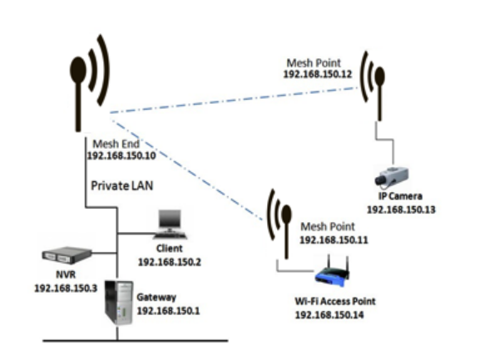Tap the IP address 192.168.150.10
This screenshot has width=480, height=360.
coord(121,155)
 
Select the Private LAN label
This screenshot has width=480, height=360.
coord(121,185)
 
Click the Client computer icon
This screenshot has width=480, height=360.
coord(170,224)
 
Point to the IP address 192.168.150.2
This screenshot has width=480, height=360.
coord(170,262)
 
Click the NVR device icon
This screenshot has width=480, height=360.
coord(67,256)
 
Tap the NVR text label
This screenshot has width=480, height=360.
coord(66,274)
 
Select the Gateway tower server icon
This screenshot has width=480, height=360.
coord(119,303)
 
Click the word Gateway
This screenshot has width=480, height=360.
coord(156,298)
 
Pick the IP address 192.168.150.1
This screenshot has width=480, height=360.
coord(168,311)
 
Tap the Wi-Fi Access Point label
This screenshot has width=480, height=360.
coord(335,301)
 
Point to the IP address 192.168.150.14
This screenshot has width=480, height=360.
coord(329,315)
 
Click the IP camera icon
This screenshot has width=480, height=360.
coord(392,176)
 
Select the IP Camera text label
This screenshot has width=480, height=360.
coord(400,196)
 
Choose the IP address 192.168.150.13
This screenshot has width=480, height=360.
coord(401,210)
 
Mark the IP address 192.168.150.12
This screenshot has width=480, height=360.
coord(318,74)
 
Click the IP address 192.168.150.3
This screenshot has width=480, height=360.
coord(66,288)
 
